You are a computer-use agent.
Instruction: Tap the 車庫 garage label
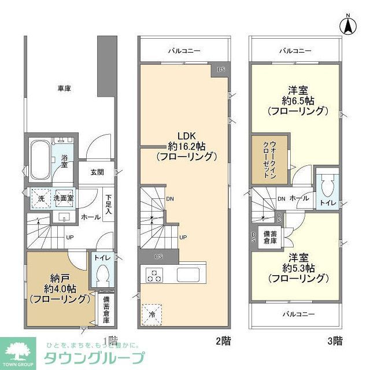point(64,88)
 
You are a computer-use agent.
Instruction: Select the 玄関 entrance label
point(97,172)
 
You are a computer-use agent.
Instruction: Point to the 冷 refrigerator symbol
point(153,311)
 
